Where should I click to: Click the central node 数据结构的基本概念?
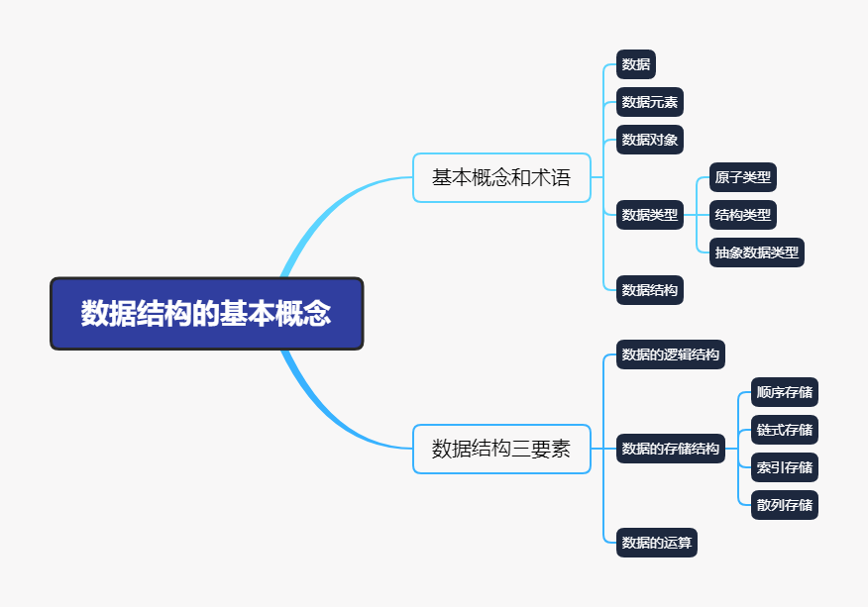coord(206,314)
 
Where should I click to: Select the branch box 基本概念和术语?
coord(501,178)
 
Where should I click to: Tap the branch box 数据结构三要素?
coord(501,449)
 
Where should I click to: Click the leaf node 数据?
coord(636,65)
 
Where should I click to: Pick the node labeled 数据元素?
coord(650,102)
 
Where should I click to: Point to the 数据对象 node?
coord(650,140)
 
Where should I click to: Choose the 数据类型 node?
coord(650,214)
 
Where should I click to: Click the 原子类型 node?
coord(743,177)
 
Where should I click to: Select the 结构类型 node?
coord(743,214)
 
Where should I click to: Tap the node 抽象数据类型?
coord(757,252)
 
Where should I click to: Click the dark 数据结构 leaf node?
coord(650,290)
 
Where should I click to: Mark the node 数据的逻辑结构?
coord(671,354)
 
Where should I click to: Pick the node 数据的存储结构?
coord(671,449)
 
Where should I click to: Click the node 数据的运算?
coord(657,543)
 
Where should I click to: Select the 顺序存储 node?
coord(785,392)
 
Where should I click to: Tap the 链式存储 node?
coord(785,430)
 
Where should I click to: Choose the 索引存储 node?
coord(785,467)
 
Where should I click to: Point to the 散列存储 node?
coord(785,505)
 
